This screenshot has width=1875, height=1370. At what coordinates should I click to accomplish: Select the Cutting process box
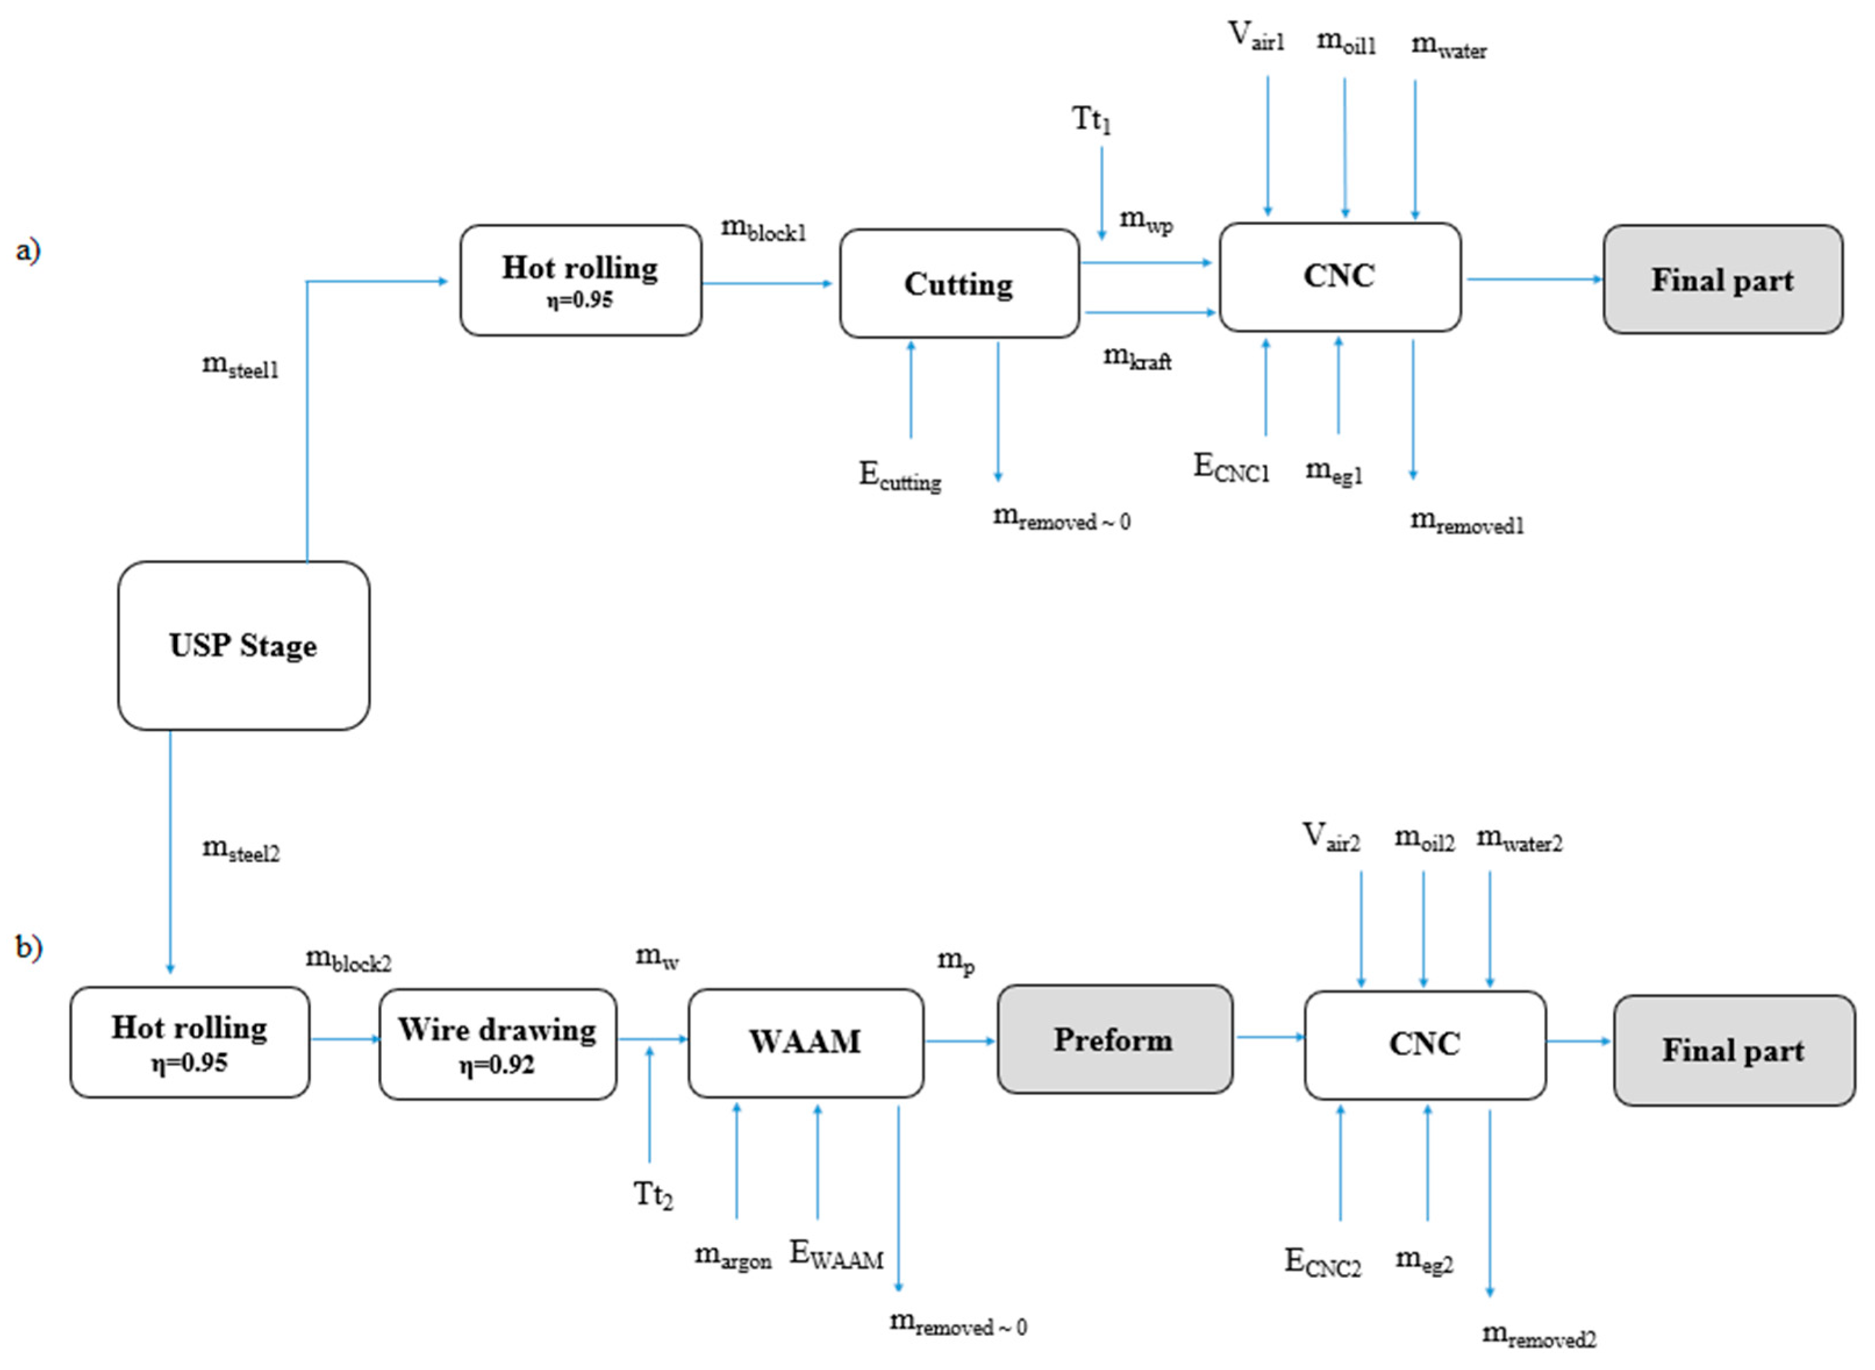(959, 284)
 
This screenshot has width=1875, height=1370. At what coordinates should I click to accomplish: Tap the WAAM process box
(805, 1042)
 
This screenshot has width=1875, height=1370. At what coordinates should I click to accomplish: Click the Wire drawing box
(497, 1043)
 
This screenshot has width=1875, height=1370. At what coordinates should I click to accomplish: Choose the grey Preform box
(1114, 1039)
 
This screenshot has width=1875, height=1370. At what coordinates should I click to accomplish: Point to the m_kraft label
(1137, 357)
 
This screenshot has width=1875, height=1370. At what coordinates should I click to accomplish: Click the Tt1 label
(1091, 120)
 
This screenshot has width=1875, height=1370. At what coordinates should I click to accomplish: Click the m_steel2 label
(241, 849)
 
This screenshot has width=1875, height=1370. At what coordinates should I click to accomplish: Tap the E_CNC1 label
(1231, 467)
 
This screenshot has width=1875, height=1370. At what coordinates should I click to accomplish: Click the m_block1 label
(763, 228)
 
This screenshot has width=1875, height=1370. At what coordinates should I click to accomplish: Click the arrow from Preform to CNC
(1270, 1037)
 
